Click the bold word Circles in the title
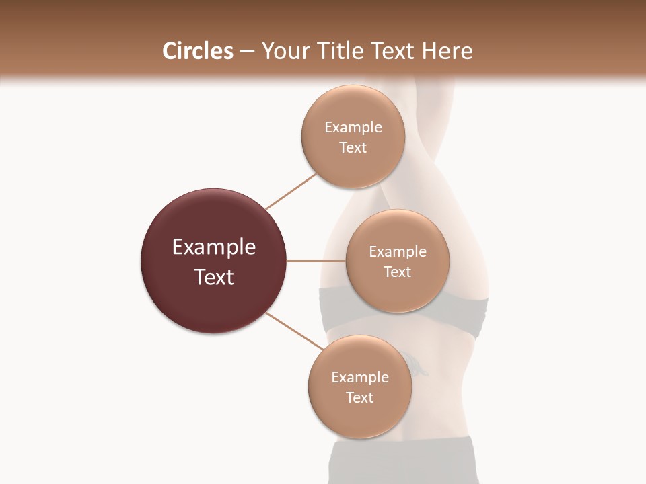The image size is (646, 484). [197, 50]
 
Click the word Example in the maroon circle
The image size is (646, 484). [214, 247]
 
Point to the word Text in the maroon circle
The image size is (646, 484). [214, 277]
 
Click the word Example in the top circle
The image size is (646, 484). [353, 128]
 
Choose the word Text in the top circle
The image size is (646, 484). [353, 147]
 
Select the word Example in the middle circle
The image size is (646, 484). [398, 252]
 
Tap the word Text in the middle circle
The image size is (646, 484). [398, 272]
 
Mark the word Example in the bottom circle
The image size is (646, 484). [360, 377]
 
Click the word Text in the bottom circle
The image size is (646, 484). [360, 397]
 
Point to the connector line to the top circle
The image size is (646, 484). [291, 192]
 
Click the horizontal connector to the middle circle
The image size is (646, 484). [316, 261]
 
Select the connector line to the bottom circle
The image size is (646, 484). [294, 330]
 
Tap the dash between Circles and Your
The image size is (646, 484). [247, 52]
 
